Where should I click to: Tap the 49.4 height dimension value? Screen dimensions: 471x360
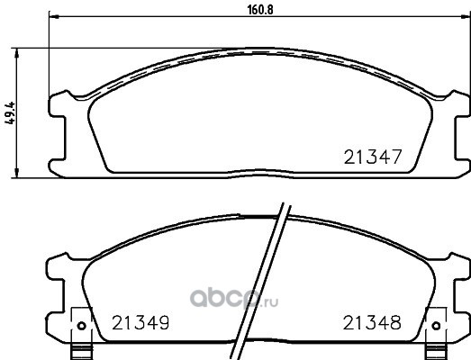10,113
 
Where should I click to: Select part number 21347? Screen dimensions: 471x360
373,157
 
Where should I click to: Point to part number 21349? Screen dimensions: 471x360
140,323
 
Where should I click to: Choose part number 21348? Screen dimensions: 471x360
372,323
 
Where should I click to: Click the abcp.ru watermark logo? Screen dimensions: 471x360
234,298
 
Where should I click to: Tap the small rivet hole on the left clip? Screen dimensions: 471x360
81,326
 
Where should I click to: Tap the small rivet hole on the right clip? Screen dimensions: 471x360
436,326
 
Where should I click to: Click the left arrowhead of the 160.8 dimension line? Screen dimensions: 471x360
53,16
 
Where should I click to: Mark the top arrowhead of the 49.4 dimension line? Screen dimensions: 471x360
17,52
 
